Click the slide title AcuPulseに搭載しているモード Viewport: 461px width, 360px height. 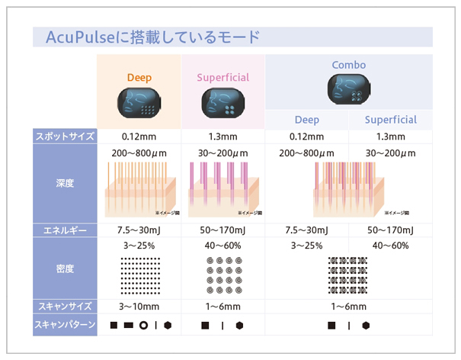click(147, 37)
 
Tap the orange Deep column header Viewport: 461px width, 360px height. click(139, 78)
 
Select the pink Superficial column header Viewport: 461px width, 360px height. click(222, 78)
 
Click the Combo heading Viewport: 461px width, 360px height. click(348, 66)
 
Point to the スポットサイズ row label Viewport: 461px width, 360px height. click(66, 137)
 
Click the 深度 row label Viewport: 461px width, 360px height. click(66, 184)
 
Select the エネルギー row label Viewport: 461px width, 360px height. click(66, 230)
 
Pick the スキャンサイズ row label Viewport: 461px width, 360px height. click(66, 307)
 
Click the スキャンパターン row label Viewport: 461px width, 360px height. click(66, 325)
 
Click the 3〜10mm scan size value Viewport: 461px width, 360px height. click(140, 307)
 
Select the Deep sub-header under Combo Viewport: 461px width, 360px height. click(307, 120)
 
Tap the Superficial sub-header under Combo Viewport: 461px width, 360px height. click(390, 120)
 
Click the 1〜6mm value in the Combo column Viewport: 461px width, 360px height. click(349, 307)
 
